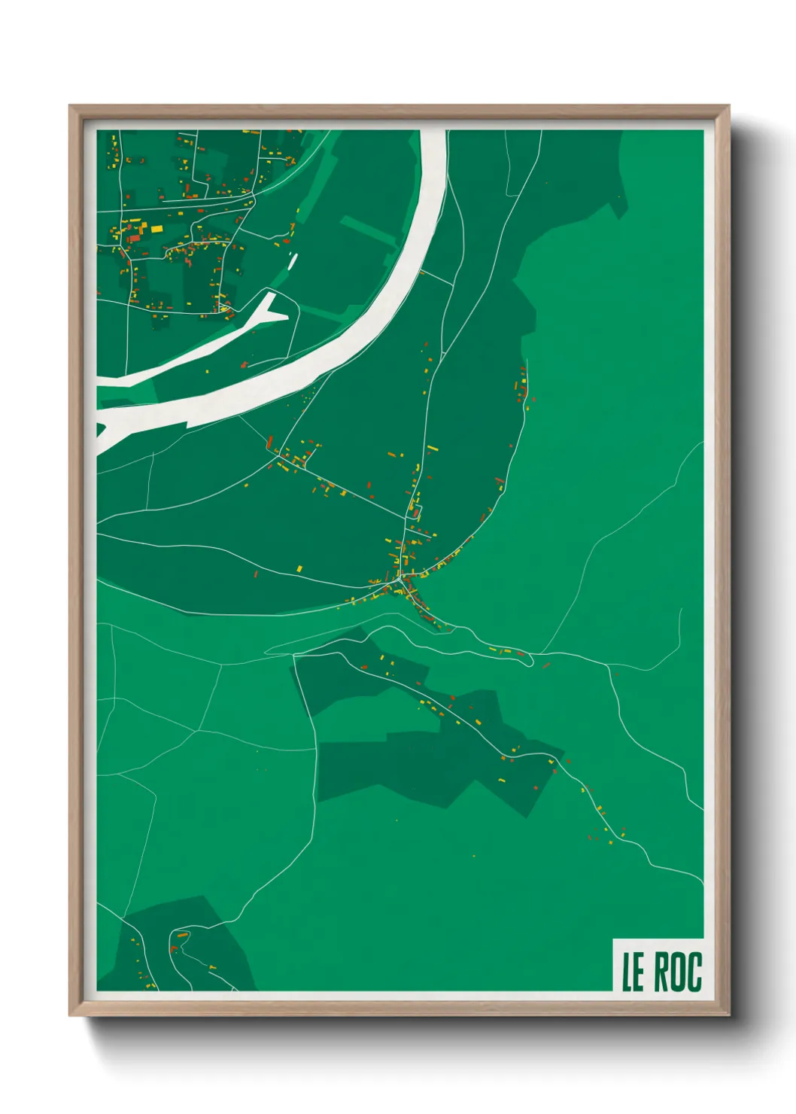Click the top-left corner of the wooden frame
click(70, 106)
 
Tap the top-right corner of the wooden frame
click(728, 106)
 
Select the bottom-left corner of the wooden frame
click(70, 1015)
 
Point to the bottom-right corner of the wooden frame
click(728, 1015)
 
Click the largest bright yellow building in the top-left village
click(156, 228)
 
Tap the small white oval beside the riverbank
click(292, 260)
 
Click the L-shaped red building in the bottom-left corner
click(174, 948)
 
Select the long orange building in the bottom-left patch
click(182, 935)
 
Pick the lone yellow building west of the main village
click(299, 568)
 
